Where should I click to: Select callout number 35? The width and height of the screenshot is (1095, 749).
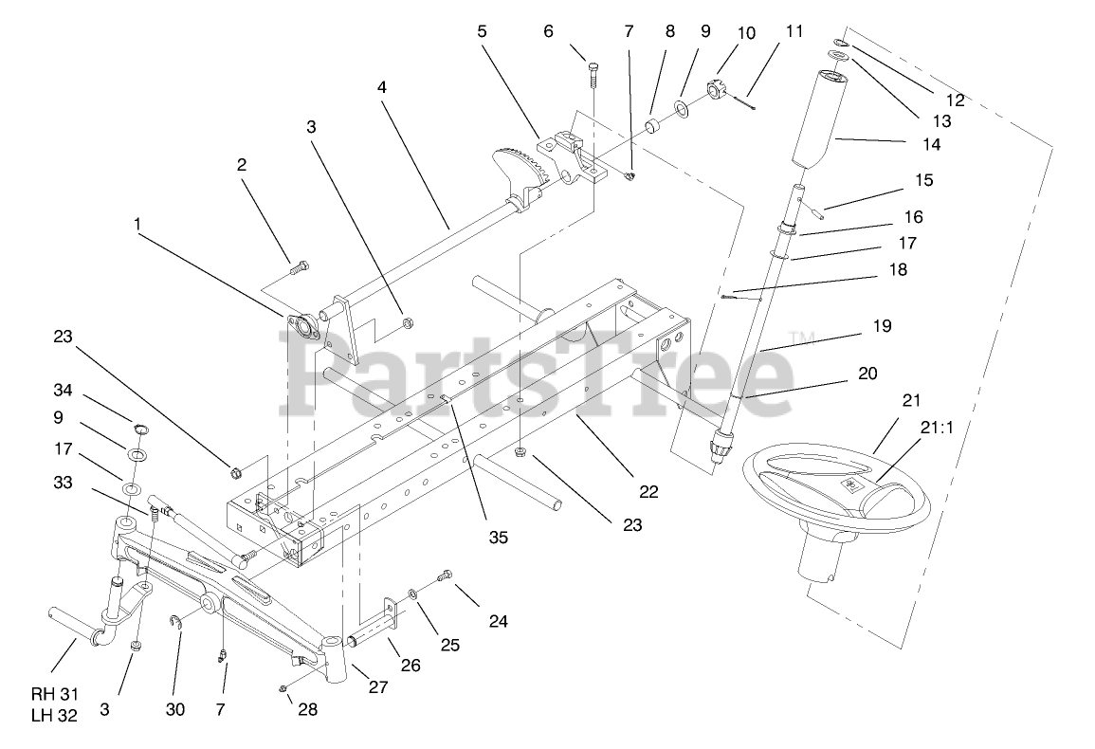(499, 537)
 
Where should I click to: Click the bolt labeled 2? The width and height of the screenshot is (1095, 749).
(295, 269)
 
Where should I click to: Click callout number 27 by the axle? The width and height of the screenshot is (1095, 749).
(378, 687)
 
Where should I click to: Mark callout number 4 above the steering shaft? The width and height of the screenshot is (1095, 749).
(382, 86)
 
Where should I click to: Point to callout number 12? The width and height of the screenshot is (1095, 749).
(954, 100)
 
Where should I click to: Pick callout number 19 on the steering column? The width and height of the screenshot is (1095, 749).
(882, 326)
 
